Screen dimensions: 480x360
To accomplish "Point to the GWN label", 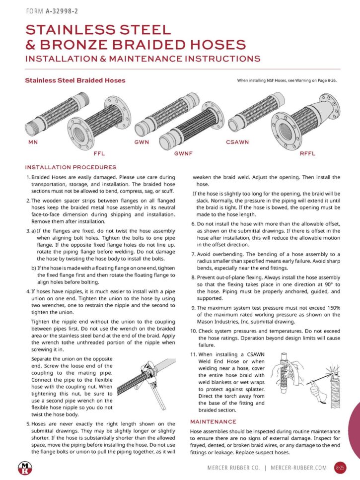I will pos(142,142).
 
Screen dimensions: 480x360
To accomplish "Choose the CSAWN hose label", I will pos(237,142).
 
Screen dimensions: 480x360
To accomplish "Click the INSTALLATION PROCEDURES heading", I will pos(71,167).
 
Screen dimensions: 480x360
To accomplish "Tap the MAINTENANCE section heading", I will pos(213,421).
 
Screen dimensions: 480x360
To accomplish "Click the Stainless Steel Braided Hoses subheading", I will pos(75,80).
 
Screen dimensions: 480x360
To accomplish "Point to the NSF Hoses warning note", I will pos(287,80).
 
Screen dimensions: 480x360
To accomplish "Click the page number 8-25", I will pos(340,468).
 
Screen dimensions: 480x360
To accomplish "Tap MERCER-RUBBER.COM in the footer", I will pos(299,468).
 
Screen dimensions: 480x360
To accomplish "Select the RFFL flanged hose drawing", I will pos(305,122).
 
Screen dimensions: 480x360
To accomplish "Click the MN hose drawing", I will pos(45,117).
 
